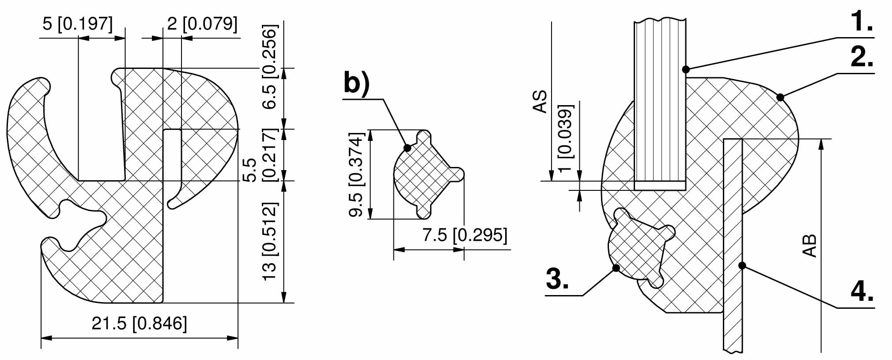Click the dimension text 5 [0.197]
coord(77,23)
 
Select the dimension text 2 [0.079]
coord(202,23)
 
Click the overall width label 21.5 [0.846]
coord(139,323)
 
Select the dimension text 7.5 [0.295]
coord(465,235)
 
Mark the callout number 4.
coord(862,292)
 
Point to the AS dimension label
coord(540,102)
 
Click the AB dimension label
coord(809,245)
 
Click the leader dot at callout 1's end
coord(686,69)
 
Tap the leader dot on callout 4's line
coord(742,265)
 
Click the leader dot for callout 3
coord(616,268)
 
